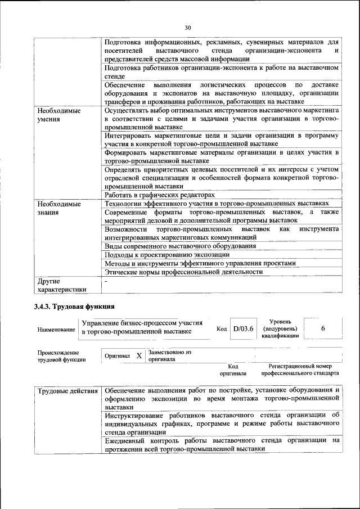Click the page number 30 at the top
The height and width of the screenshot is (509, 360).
pyautogui.click(x=188, y=26)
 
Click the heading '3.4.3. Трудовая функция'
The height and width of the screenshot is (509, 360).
pyautogui.click(x=74, y=307)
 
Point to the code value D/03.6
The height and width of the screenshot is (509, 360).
pyautogui.click(x=244, y=328)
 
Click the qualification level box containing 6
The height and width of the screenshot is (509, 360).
pyautogui.click(x=322, y=328)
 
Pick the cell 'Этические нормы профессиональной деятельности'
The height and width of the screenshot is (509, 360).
pyautogui.click(x=184, y=272)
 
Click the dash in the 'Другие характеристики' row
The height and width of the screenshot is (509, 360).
pyautogui.click(x=106, y=281)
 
